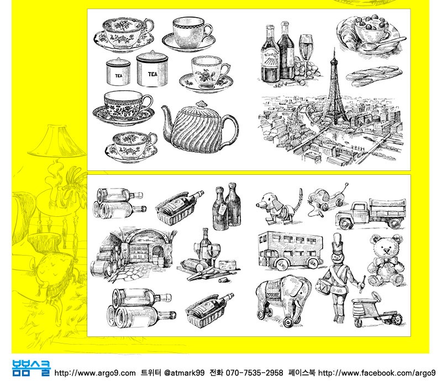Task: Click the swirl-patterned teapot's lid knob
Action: [201, 104]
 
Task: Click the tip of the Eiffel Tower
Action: [334, 48]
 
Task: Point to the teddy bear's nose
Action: [386, 251]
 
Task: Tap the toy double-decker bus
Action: [291, 251]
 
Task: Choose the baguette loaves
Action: [374, 75]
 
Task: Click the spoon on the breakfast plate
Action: [383, 44]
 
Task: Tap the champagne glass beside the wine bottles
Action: [306, 54]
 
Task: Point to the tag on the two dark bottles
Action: [223, 210]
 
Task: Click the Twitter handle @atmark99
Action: [184, 373]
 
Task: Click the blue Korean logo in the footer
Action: [31, 368]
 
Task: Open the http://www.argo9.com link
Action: [95, 373]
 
